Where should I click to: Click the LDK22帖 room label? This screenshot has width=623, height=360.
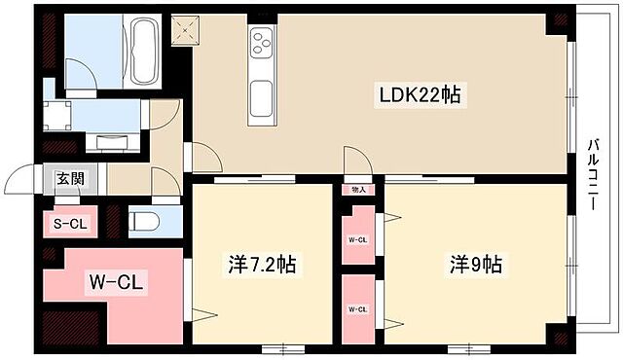[420, 94]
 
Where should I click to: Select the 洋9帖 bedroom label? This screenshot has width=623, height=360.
[475, 264]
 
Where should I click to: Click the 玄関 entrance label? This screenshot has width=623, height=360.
[69, 178]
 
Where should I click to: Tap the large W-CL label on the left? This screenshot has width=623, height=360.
[118, 283]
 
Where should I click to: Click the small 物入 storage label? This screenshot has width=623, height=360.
[358, 190]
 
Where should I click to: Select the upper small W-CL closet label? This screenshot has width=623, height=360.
[357, 239]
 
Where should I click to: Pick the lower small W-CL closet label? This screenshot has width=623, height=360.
[357, 309]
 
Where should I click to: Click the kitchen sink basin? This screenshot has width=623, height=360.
[263, 96]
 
